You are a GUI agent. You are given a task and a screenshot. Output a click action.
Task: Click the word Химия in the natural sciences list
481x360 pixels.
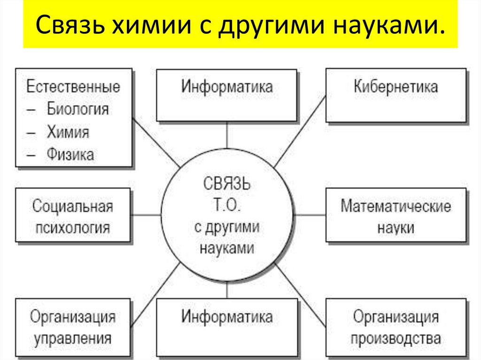pyautogui.click(x=68, y=132)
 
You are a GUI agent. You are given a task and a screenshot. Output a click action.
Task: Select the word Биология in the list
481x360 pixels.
pyautogui.click(x=78, y=109)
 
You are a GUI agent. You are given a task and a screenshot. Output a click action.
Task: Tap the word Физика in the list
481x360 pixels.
pyautogui.click(x=70, y=154)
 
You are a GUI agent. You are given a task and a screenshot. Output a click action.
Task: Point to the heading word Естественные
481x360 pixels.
pyautogui.click(x=73, y=87)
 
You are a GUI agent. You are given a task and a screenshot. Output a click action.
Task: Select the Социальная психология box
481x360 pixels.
pyautogui.click(x=73, y=215)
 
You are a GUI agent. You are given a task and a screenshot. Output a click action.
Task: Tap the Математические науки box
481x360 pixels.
pyautogui.click(x=396, y=215)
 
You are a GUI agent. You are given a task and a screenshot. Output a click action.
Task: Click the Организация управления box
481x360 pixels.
pyautogui.click(x=73, y=327)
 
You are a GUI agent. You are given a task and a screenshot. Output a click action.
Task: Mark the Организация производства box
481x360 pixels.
pyautogui.click(x=396, y=327)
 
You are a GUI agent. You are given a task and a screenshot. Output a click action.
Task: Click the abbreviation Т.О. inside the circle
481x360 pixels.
pyautogui.click(x=226, y=205)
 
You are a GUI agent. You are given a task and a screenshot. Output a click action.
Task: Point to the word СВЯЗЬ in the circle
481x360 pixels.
pyautogui.click(x=226, y=184)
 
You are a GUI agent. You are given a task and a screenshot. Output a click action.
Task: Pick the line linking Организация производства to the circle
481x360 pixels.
pyautogui.click(x=301, y=296)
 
